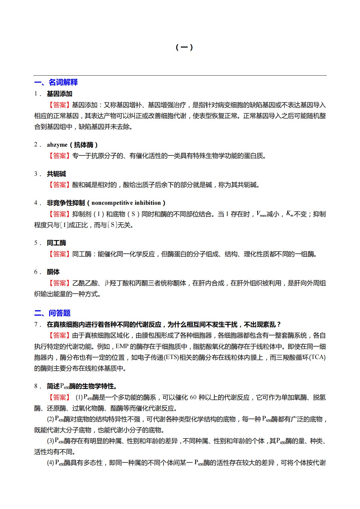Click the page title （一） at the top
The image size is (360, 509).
184,47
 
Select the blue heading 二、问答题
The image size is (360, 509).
52,313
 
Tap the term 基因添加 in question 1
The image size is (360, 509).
59,94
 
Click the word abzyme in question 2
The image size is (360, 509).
57,145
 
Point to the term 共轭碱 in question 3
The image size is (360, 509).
56,174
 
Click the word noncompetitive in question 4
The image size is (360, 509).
110,203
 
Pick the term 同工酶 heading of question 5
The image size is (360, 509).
56,243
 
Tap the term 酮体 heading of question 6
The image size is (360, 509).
53,272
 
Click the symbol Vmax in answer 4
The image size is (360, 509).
261,214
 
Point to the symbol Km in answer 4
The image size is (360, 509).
290,214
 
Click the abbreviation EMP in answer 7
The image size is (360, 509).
122,346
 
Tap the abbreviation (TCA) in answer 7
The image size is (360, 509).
317,357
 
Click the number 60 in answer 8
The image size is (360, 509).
193,397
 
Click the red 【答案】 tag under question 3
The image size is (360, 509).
59,185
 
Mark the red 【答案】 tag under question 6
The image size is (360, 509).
59,283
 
